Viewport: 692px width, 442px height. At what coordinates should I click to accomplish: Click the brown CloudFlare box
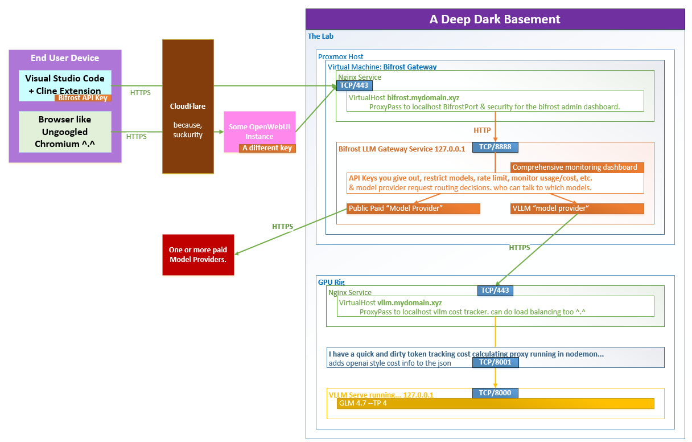click(188, 107)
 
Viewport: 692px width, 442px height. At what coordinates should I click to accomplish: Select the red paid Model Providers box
click(198, 255)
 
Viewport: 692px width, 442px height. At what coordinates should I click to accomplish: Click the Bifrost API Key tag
click(83, 98)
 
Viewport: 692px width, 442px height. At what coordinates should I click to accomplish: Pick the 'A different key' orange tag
click(267, 148)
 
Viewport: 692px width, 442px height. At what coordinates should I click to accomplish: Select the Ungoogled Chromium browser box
click(65, 132)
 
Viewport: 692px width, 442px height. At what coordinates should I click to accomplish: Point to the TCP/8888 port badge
click(495, 147)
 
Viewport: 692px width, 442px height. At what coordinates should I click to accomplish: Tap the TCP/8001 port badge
click(495, 362)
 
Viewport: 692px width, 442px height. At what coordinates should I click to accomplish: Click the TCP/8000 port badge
click(495, 393)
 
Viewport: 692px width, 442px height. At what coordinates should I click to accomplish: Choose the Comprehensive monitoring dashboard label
click(577, 167)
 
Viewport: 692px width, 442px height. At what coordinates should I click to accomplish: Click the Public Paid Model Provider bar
click(413, 208)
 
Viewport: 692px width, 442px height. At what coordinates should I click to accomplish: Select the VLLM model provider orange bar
click(577, 208)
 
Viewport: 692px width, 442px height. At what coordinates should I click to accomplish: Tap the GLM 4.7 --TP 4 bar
click(495, 403)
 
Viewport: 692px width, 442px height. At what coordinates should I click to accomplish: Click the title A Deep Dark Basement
click(495, 19)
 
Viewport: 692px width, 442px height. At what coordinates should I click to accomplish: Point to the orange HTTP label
click(482, 130)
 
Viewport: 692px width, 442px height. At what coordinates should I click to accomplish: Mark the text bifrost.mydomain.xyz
click(423, 97)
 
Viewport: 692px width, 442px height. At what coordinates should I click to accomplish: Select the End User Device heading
click(65, 58)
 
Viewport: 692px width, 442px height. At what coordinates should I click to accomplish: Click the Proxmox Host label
click(340, 57)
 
